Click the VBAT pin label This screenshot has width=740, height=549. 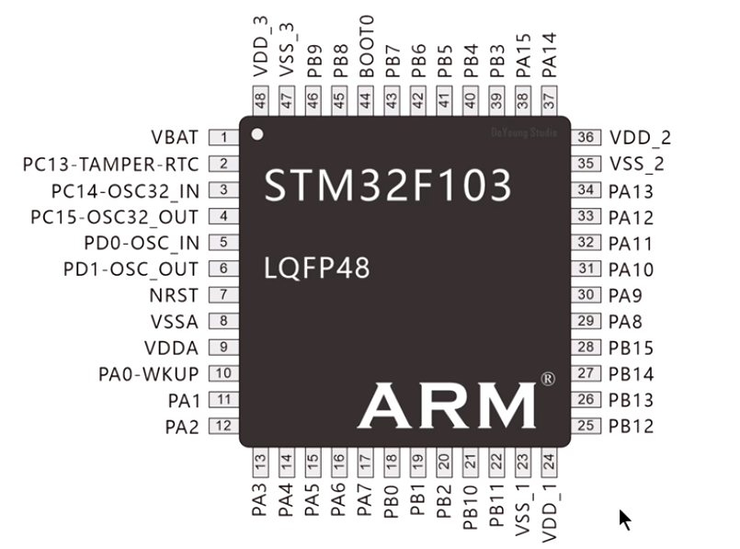point(175,138)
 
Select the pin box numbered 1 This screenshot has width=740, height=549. point(223,138)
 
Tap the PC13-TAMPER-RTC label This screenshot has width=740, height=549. point(111,165)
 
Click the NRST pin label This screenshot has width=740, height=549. point(174,295)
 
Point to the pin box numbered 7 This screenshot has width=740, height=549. point(223,295)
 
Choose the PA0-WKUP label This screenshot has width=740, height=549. point(149,374)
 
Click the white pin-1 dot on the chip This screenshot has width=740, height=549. point(258,134)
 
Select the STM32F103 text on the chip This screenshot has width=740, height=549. point(387,186)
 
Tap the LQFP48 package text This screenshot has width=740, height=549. point(316,268)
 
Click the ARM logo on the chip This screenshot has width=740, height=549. point(447,405)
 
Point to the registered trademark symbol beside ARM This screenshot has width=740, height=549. point(548,379)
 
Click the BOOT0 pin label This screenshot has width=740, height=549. point(366,45)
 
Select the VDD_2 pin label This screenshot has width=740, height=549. point(640,138)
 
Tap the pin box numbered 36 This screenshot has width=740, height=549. point(586,138)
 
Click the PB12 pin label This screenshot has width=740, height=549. point(632,426)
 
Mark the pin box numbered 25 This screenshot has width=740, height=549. point(586,426)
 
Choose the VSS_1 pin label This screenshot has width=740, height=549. point(522,509)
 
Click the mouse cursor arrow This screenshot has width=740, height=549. point(625,520)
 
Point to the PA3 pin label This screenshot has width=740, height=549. point(260,498)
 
